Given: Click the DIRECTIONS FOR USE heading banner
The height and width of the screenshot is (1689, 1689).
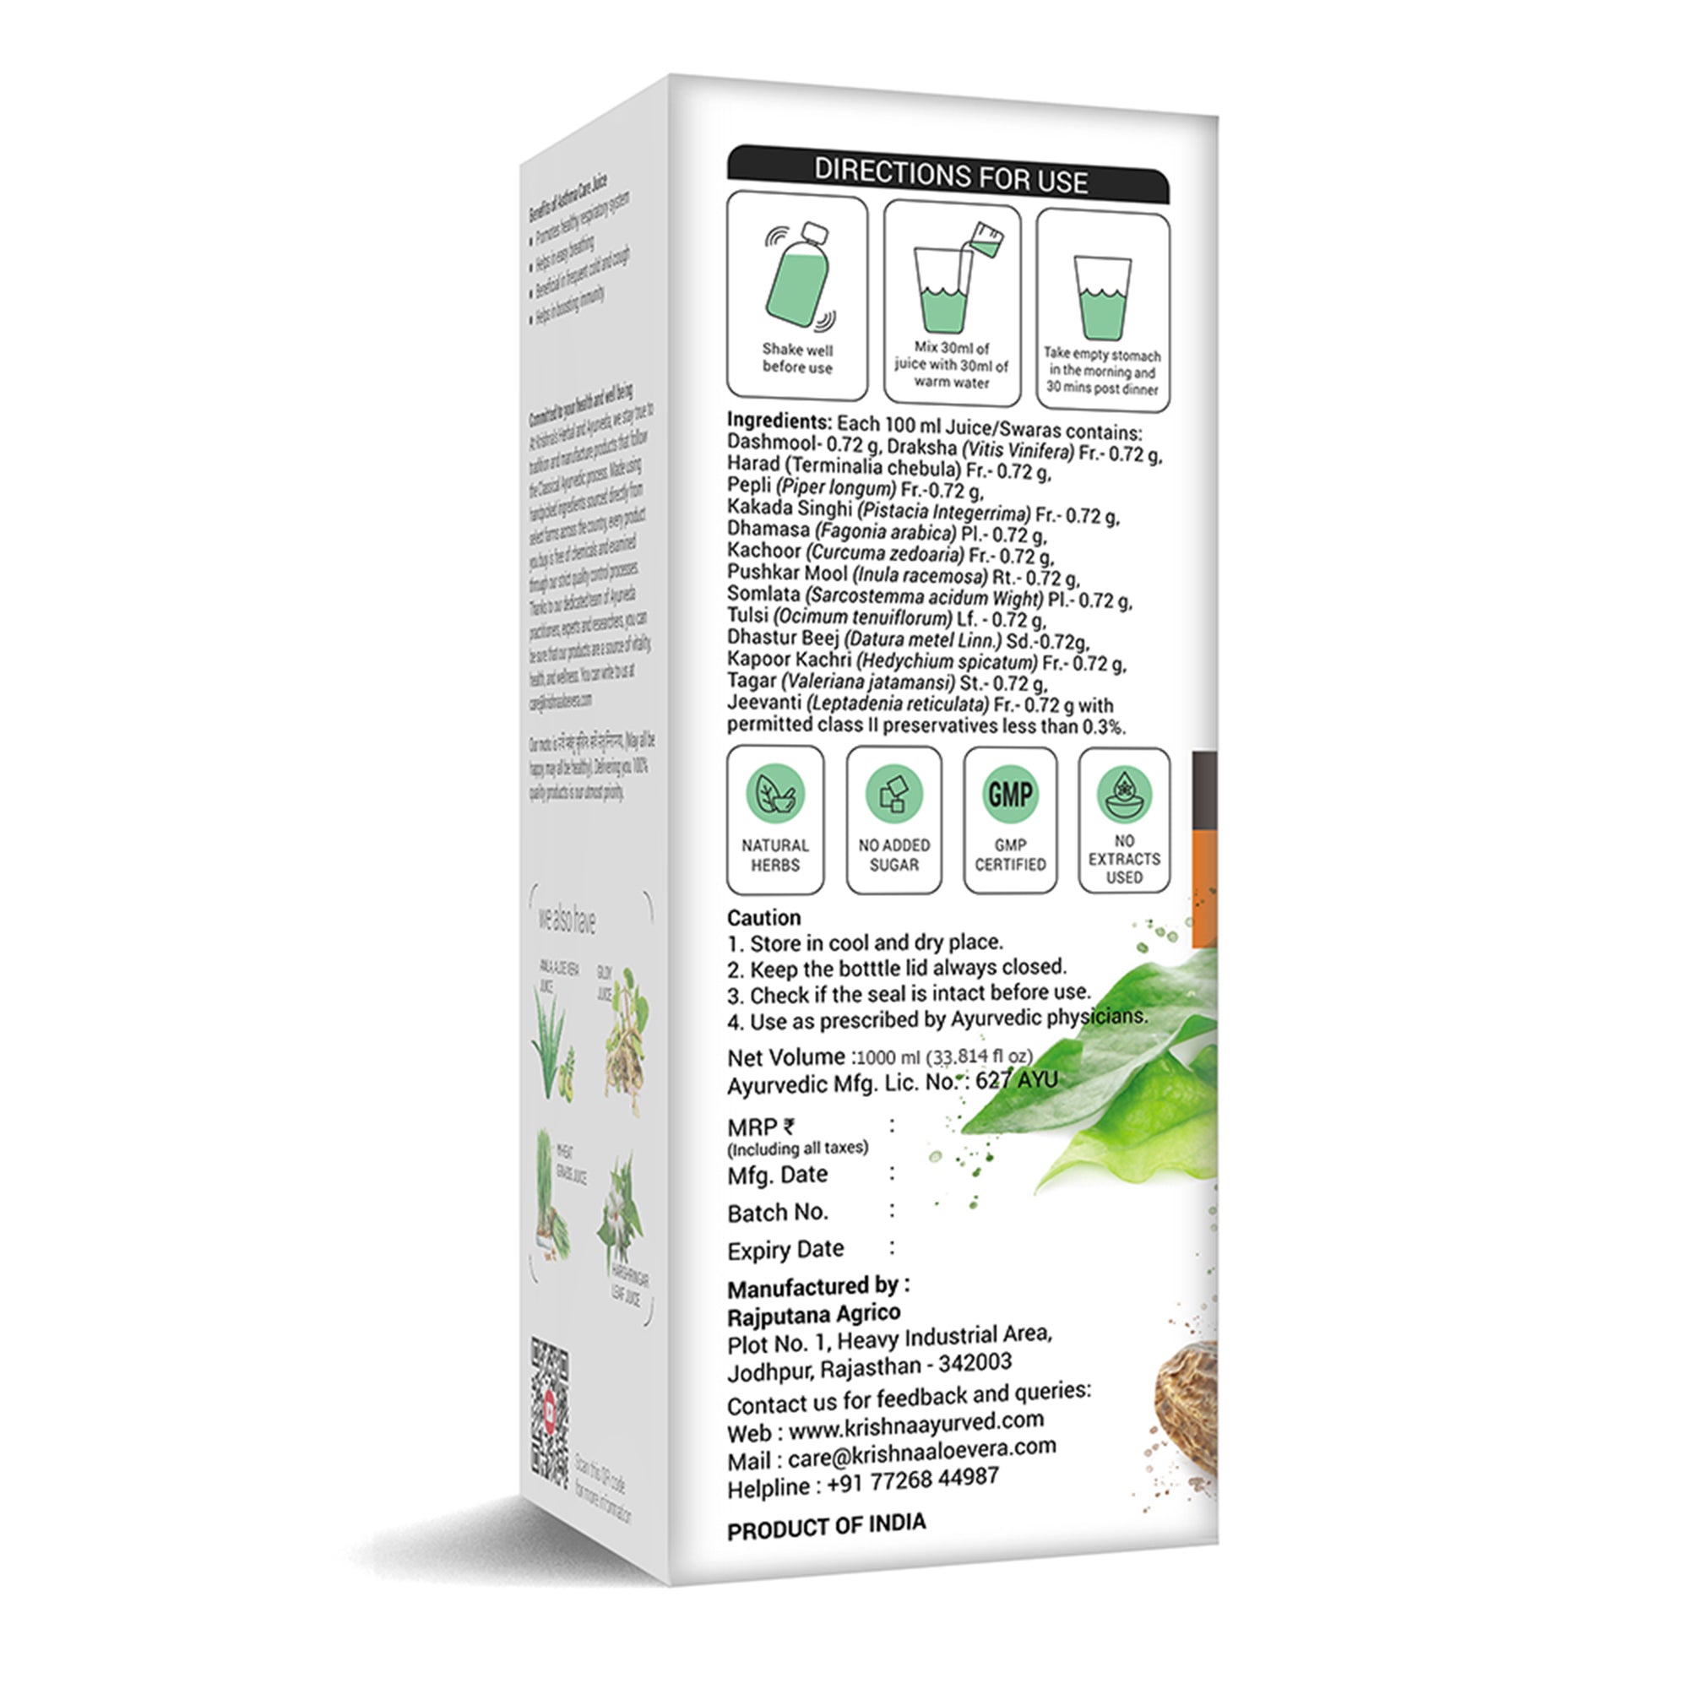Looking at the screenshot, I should coord(948,174).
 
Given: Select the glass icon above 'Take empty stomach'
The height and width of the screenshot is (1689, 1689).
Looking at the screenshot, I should coord(1101,296).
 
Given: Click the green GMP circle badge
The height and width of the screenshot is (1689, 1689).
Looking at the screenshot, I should coord(1010,794).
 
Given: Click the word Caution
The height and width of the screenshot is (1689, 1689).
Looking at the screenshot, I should coord(764,918).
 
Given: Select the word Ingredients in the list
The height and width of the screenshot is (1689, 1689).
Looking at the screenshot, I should coord(778,421).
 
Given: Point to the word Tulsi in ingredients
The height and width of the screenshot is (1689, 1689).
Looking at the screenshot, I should coord(747,616).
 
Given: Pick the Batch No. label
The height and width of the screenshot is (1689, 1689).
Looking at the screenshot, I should coord(777,1213).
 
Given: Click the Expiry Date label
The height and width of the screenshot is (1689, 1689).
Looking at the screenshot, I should coord(785,1250).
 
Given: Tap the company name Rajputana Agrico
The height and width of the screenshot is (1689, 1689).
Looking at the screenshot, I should coord(813,1314).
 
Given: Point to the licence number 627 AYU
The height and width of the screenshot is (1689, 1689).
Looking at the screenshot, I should coord(1016,1081).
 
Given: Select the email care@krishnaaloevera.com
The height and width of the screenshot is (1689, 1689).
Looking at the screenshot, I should coord(921,1453).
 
